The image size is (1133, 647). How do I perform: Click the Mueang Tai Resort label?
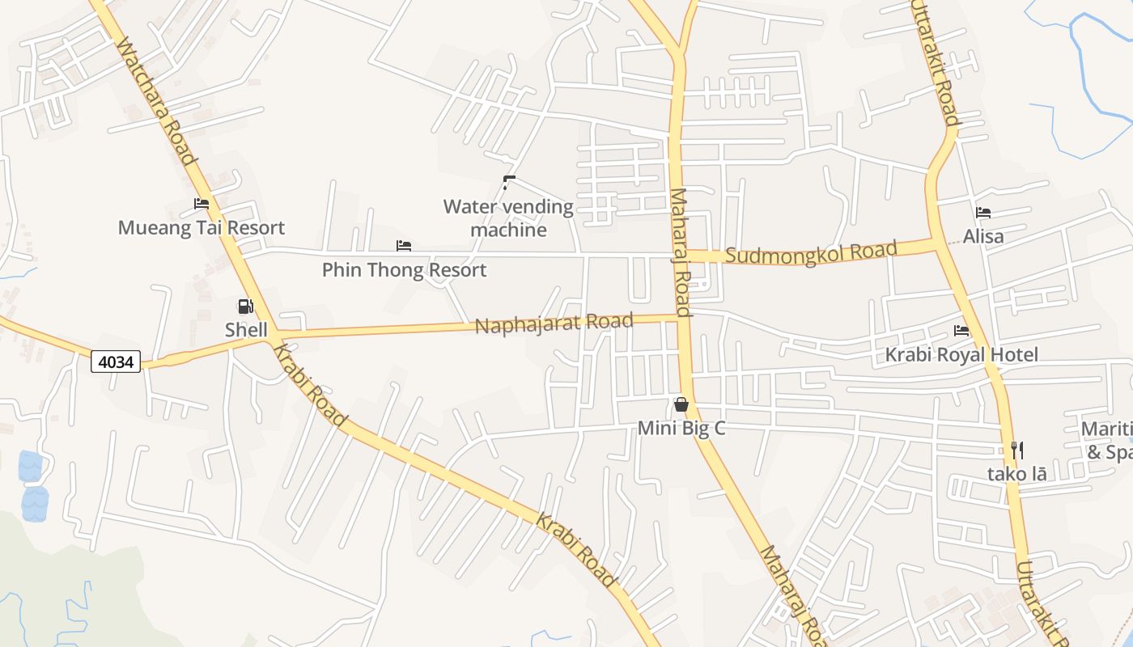coord(202,228)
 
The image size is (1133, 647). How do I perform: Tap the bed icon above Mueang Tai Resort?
coord(202,204)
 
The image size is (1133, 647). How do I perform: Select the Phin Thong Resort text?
coord(404,270)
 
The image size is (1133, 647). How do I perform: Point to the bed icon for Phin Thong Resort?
coord(404,246)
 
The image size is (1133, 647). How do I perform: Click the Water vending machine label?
coord(508,218)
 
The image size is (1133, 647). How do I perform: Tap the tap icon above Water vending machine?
coord(508,183)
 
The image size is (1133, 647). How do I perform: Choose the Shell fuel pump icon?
coord(245,306)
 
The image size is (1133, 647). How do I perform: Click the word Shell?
coord(246,330)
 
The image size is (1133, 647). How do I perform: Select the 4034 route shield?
coord(116,362)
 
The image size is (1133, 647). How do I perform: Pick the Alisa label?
coord(983,237)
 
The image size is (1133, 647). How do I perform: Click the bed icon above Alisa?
coord(983,213)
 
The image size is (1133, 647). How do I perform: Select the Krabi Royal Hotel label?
coord(961,355)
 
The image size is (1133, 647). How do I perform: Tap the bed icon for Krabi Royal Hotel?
coord(961,331)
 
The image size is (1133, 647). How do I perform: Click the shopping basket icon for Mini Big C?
coord(681,404)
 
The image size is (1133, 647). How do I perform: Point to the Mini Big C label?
coord(681,429)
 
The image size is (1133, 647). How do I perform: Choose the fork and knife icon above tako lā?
coord(1017,450)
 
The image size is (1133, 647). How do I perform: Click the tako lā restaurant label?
coord(1016,474)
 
